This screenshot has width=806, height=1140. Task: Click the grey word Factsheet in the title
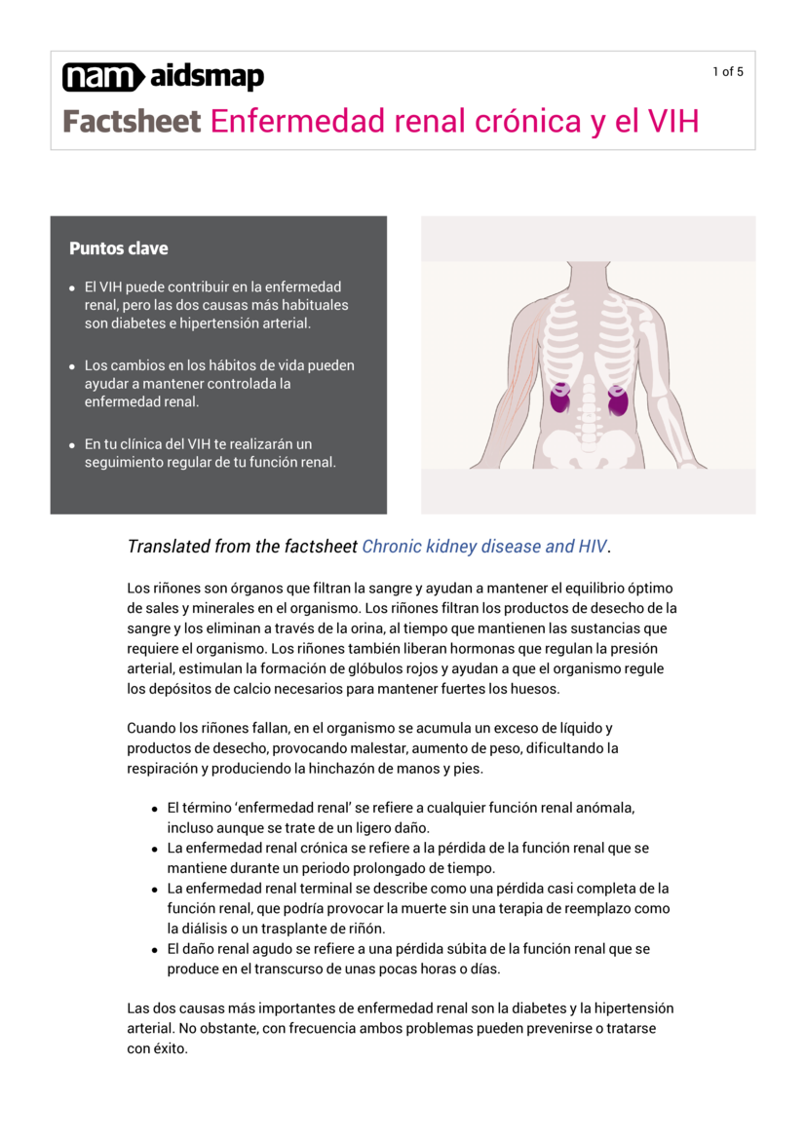132,122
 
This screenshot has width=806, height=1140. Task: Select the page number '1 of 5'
728,71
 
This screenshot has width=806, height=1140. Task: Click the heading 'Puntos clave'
118,248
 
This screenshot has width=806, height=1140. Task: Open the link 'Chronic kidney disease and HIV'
483,547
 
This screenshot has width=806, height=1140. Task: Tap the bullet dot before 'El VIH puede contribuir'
73,288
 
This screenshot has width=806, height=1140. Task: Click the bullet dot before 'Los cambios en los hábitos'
73,366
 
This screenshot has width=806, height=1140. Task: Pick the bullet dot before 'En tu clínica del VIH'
73,444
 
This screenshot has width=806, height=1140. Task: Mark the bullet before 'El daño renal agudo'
155,949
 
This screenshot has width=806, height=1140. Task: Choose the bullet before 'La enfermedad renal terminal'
155,890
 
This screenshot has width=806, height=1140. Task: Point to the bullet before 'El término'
155,809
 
